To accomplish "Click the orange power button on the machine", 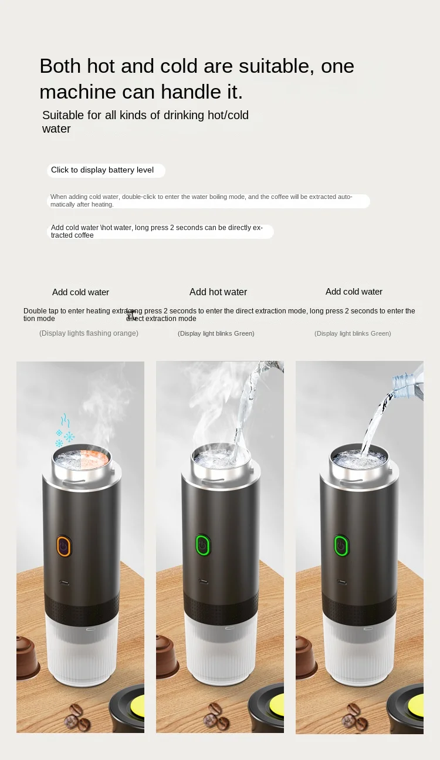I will click(x=64, y=546).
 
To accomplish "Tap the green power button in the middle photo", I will click(x=203, y=545).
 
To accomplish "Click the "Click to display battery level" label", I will click(x=103, y=170).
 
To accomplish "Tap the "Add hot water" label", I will click(x=218, y=292).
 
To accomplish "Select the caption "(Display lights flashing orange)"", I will click(x=89, y=333).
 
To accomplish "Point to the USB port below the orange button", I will click(x=64, y=583).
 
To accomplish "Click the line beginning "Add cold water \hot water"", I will click(x=157, y=231).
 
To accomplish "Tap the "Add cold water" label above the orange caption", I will click(x=80, y=292).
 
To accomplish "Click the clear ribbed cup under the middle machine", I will click(x=219, y=651).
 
